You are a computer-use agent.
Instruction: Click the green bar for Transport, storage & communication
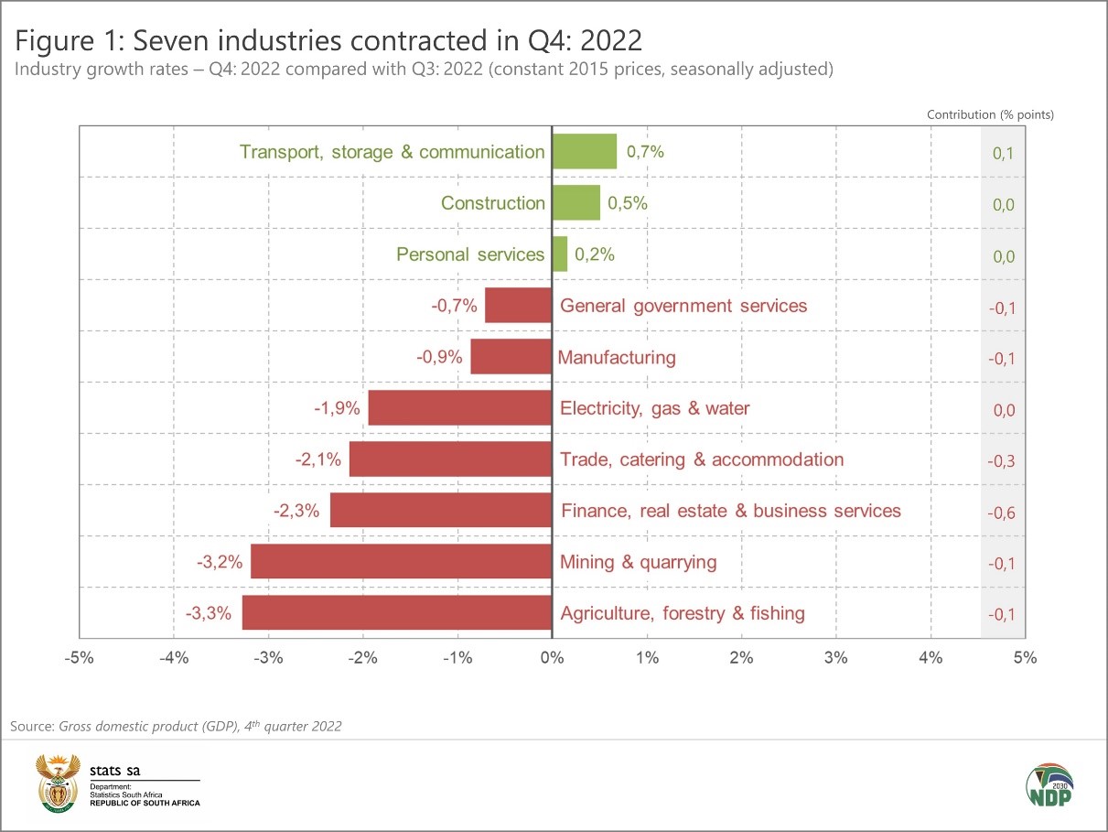(585, 151)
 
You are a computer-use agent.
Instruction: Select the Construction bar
(576, 202)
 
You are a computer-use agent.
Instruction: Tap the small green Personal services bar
(560, 254)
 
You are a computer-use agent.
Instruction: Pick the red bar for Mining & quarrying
(402, 562)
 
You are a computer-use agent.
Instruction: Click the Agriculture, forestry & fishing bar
(397, 613)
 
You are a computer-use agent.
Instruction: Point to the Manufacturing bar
(511, 357)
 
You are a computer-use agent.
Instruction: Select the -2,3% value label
(296, 511)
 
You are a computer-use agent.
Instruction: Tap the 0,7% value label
(645, 152)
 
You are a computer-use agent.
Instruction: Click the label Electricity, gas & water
(654, 408)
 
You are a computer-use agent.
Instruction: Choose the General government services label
(683, 306)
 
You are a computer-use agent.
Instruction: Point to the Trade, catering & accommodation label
(702, 459)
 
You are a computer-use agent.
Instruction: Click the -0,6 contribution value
(1002, 513)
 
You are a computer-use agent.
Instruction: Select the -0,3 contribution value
(1002, 461)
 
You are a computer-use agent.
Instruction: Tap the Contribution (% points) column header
(990, 114)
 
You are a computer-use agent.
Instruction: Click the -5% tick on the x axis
(80, 657)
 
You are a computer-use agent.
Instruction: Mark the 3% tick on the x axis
(836, 657)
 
